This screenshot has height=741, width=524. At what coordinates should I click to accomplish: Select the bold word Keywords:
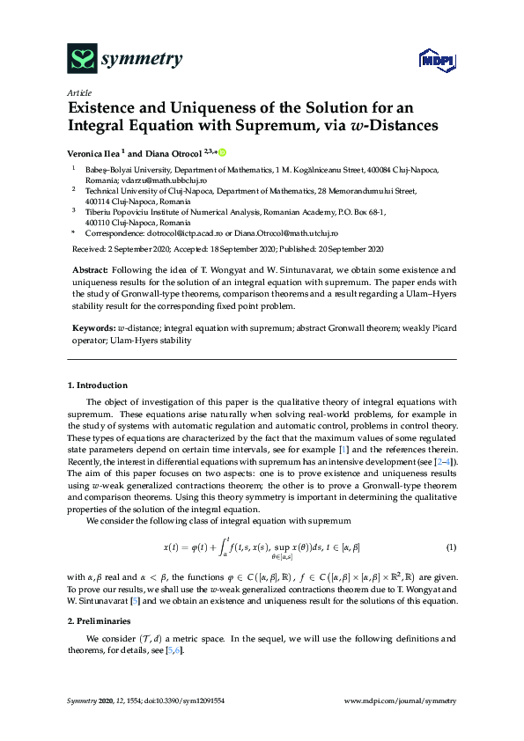(x=92, y=327)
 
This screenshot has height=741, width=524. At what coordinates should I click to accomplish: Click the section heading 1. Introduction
(x=98, y=385)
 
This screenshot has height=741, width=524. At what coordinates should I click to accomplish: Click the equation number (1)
(x=451, y=547)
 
